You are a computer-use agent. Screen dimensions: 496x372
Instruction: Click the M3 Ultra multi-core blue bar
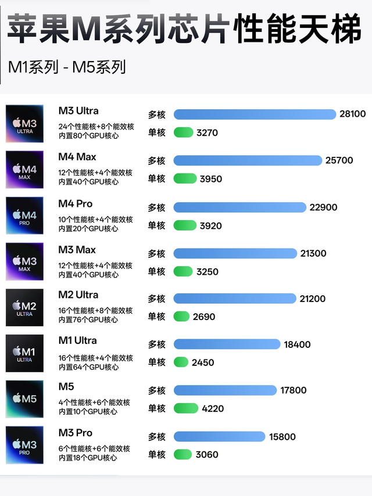click(255, 114)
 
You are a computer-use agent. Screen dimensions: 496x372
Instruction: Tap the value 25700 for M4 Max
click(339, 160)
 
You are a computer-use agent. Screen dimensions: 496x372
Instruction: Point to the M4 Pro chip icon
click(24, 215)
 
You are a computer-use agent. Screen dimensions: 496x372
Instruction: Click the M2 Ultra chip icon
click(24, 307)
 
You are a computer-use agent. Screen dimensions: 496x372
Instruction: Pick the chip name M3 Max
click(77, 250)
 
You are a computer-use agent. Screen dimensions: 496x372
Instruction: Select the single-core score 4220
click(213, 408)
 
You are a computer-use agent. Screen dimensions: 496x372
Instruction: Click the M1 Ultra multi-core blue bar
click(227, 344)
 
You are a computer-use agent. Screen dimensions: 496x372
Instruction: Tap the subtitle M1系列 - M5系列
click(67, 67)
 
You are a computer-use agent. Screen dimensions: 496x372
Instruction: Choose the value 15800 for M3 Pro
click(282, 437)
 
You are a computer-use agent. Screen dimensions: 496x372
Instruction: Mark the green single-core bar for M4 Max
click(184, 179)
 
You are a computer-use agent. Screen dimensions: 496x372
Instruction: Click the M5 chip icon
click(24, 399)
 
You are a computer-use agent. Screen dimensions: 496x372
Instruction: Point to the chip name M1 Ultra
click(77, 340)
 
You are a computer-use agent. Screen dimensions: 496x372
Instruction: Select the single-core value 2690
click(203, 317)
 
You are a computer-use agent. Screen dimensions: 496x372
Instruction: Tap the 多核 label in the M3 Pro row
click(156, 437)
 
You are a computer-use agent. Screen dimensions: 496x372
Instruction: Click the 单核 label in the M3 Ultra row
click(156, 132)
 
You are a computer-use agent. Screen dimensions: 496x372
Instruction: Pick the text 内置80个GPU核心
click(88, 136)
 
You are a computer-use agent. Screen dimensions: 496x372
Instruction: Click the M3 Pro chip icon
click(24, 445)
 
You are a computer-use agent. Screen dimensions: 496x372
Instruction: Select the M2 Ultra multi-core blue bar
click(235, 299)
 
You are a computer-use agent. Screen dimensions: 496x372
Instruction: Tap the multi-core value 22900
click(323, 207)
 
